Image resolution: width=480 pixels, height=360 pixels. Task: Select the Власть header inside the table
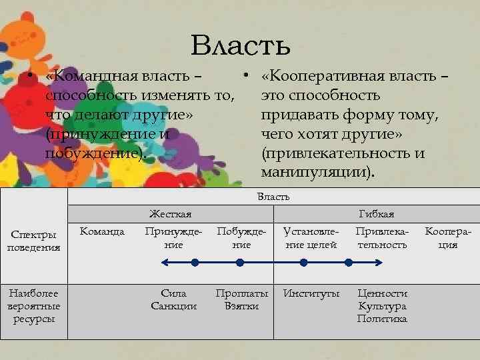click(x=273, y=197)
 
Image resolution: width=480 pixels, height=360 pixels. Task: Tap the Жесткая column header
click(x=170, y=213)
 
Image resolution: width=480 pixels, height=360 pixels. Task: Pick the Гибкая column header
click(x=376, y=213)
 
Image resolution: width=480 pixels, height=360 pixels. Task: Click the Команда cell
click(x=102, y=231)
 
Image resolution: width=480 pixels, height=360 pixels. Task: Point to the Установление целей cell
click(x=311, y=238)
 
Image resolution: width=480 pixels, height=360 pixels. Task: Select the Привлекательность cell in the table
click(x=381, y=238)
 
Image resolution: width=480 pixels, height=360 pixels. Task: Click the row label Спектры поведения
click(x=33, y=241)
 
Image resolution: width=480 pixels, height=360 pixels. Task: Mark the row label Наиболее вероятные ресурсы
click(x=33, y=305)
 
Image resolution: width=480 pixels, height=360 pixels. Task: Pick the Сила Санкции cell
click(x=174, y=299)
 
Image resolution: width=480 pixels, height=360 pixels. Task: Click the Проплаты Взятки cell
click(x=241, y=299)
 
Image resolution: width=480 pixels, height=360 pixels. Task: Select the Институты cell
click(x=311, y=293)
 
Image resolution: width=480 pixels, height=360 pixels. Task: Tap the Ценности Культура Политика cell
click(x=381, y=305)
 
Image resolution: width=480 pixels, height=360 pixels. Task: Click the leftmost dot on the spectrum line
click(x=194, y=263)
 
